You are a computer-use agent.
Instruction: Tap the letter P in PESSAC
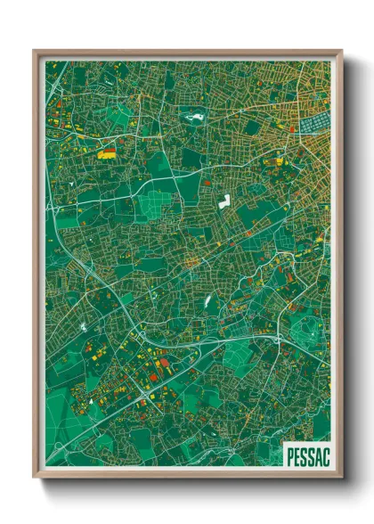tap(289, 456)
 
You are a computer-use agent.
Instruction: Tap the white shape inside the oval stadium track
tap(191, 115)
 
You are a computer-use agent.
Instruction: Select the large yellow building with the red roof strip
tap(107, 153)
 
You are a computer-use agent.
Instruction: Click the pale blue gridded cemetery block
tap(314, 124)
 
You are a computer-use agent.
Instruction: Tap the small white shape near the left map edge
tap(85, 327)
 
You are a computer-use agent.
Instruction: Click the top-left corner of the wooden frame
tap(34, 51)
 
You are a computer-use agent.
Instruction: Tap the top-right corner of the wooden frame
tap(342, 51)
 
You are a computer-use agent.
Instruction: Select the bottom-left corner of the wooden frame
tap(34, 478)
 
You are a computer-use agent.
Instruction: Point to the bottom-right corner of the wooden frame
tap(342, 478)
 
